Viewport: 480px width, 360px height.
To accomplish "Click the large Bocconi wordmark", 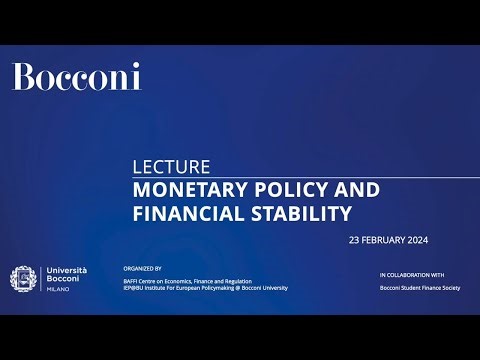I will click(76, 77).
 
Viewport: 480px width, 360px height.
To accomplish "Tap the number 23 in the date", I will click(354, 241).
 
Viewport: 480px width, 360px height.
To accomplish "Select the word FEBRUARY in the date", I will click(386, 241).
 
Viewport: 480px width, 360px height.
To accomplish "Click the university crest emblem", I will click(23, 281).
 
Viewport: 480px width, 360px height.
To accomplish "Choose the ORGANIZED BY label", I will click(141, 269).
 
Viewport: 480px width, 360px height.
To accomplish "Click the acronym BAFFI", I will click(130, 281).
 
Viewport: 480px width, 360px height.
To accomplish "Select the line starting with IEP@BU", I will click(204, 288).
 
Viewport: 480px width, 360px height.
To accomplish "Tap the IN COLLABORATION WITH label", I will click(412, 274).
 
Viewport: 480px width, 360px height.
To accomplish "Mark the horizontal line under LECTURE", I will click(300, 177).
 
